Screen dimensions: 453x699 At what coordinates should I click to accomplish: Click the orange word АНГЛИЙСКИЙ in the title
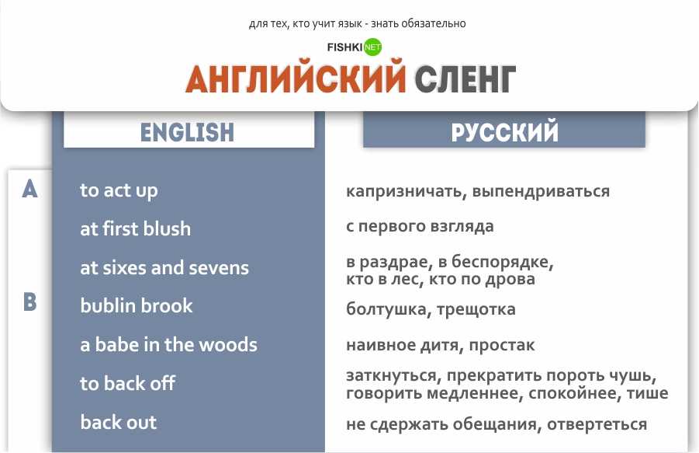[x=296, y=78]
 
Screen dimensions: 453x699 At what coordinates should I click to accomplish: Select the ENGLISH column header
[x=188, y=131]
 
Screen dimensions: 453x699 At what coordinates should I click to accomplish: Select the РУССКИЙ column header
[x=504, y=131]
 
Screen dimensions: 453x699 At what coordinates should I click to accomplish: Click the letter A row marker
[x=29, y=189]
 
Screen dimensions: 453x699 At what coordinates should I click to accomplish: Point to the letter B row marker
[x=29, y=301]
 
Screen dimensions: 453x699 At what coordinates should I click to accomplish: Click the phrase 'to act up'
[x=119, y=190]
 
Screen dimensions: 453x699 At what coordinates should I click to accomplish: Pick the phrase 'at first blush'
[x=135, y=229]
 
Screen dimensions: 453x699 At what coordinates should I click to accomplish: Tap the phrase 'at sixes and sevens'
[x=164, y=268]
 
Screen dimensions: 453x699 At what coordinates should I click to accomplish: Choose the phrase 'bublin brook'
[x=137, y=306]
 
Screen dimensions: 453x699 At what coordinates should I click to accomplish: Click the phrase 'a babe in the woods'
[x=168, y=345]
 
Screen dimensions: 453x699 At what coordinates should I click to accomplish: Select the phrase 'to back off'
[x=127, y=384]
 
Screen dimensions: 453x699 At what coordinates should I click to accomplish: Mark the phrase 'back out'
[x=118, y=423]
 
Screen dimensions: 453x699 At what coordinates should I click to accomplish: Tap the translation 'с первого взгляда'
[x=420, y=227]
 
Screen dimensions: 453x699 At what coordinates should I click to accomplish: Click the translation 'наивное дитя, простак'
[x=440, y=345]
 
